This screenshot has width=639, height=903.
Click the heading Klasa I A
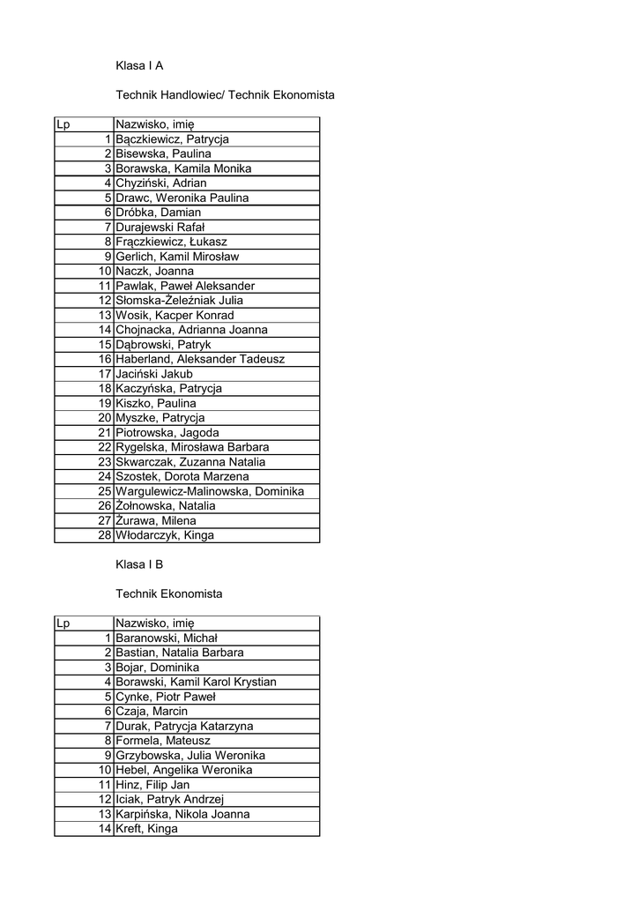point(139,65)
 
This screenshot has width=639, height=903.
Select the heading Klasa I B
point(139,564)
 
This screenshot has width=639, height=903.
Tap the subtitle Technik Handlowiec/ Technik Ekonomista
point(225,94)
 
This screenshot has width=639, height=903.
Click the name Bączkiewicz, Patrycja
point(173,139)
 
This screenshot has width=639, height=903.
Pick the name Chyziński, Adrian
point(161,183)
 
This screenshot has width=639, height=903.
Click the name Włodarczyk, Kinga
point(165,535)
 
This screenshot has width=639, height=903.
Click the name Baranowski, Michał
point(167,638)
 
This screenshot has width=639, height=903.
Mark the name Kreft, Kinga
point(147,829)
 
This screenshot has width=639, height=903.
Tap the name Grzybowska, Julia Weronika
point(190,756)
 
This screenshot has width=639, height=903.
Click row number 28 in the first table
point(104,535)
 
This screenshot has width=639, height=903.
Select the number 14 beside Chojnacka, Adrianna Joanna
point(104,330)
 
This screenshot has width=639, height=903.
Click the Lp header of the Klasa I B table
point(63,623)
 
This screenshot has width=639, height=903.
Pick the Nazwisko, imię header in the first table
point(155,124)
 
